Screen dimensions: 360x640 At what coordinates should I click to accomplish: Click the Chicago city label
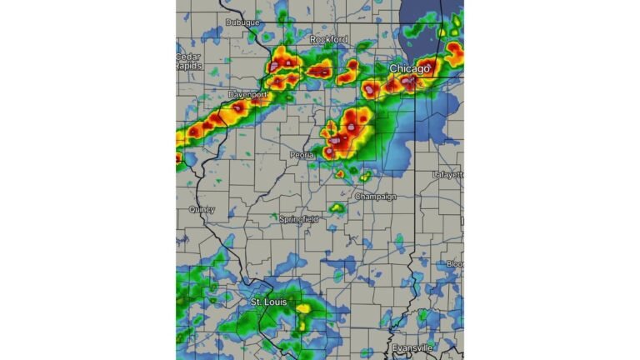(411, 67)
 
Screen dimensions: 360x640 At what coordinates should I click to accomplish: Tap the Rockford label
(328, 39)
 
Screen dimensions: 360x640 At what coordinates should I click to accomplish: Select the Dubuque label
(242, 22)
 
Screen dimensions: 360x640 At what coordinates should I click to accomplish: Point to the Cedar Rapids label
(187, 61)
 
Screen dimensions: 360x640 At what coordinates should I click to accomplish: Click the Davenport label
(247, 95)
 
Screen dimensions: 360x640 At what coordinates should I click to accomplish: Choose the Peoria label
(302, 155)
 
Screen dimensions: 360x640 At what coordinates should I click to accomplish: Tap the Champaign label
(376, 197)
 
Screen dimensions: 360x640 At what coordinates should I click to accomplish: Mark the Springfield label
(298, 218)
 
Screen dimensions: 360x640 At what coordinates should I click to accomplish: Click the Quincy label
(202, 210)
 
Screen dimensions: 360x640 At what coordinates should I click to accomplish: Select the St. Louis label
(269, 301)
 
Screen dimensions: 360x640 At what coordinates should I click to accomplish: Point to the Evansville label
(413, 347)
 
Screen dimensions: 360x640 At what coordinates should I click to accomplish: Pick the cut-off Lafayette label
(448, 174)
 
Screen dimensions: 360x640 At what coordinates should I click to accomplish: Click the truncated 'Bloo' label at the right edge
(455, 263)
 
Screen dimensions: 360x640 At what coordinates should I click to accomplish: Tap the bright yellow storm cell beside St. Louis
(303, 308)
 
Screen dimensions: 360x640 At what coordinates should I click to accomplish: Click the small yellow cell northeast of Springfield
(337, 207)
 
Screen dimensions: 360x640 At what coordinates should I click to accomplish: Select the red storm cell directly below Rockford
(320, 72)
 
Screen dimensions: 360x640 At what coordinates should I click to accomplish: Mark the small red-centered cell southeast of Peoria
(340, 174)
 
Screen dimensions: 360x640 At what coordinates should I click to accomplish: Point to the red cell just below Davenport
(238, 107)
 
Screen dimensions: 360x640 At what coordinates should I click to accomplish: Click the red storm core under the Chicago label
(409, 82)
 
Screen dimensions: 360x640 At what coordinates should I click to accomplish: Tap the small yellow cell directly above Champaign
(365, 176)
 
